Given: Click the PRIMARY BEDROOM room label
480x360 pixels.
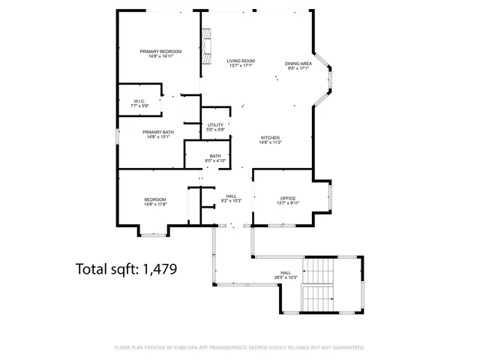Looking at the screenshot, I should click(160, 51).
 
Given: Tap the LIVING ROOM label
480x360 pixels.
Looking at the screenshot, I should click(241, 61).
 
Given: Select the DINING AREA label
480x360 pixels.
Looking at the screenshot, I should click(298, 64).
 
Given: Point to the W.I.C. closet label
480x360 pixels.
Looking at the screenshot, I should click(139, 101).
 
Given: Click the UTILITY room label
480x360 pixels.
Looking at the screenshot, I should click(215, 124).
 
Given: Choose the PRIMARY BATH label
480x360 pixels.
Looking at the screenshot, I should click(158, 132).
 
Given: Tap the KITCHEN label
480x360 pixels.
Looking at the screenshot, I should click(270, 137).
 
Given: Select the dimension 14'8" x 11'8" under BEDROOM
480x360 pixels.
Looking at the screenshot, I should click(155, 204).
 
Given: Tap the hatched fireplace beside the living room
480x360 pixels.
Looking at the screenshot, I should click(206, 47).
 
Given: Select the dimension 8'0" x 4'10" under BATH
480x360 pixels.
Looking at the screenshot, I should click(215, 161).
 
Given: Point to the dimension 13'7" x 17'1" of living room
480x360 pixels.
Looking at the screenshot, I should click(241, 66).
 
